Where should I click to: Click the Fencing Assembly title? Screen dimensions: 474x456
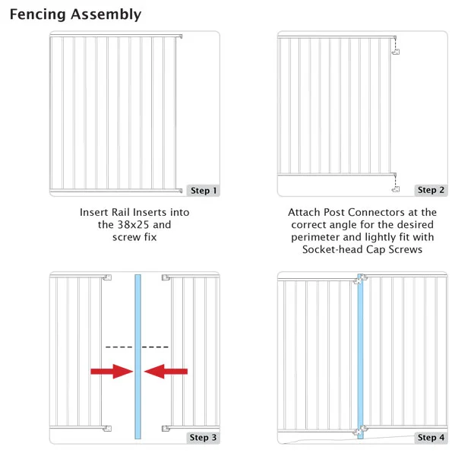coord(75,14)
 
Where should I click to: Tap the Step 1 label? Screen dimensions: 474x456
coord(203,191)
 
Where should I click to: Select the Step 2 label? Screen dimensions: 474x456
coord(431,190)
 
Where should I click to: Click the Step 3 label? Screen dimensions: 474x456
coord(203,437)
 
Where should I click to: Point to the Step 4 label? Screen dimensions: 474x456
coord(431,437)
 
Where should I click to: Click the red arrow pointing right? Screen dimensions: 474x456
coord(112,372)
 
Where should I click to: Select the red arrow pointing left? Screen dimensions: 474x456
coord(166,372)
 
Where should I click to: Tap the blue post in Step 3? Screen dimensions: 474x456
coord(137,356)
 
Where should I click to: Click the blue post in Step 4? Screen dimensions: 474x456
coord(360,356)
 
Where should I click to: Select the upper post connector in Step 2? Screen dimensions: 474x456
coord(396,52)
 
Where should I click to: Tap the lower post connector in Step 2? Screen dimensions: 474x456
coord(396,189)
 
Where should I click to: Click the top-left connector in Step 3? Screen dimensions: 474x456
coord(107,277)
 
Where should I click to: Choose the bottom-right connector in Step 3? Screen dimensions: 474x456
coord(166,428)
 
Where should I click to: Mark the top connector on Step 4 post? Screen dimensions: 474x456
coord(360,279)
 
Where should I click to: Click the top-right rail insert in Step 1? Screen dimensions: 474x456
coord(179,36)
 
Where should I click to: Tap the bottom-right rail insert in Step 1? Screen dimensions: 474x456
coord(179,191)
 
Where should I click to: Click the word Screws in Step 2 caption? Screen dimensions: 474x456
coord(406,249)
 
